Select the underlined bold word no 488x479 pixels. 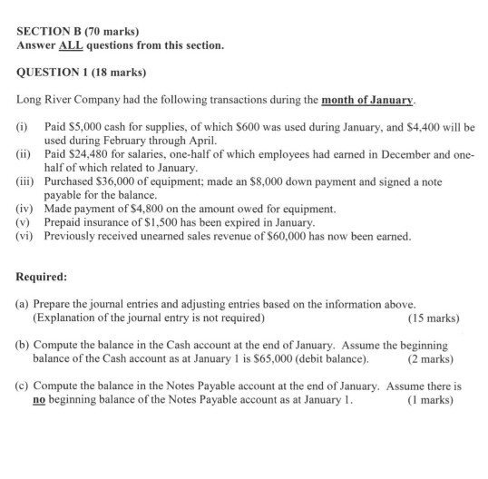point(39,399)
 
